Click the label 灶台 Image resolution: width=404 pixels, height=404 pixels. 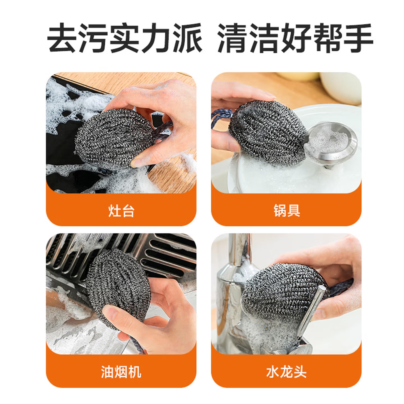pyautogui.click(x=121, y=211)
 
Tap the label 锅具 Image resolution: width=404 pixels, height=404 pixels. pyautogui.click(x=286, y=211)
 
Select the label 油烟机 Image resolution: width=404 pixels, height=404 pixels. pyautogui.click(x=121, y=372)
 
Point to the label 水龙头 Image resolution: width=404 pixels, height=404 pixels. pyautogui.click(x=286, y=372)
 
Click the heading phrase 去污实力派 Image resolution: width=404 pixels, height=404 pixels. pyautogui.click(x=125, y=38)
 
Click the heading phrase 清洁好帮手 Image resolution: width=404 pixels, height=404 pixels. pyautogui.click(x=295, y=38)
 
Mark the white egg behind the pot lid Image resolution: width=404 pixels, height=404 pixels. pyautogui.click(x=340, y=88)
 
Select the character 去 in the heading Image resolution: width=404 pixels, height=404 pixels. pyautogui.click(x=62, y=38)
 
